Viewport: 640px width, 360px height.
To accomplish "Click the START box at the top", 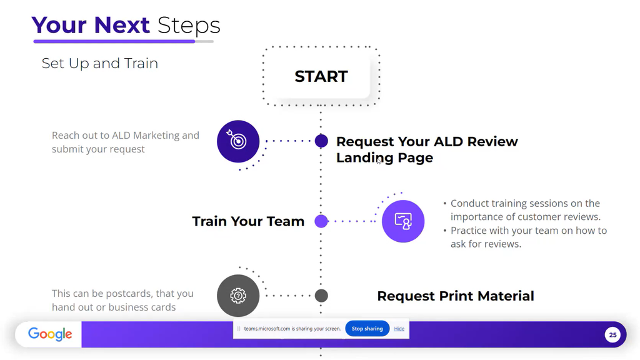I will pos(321,76).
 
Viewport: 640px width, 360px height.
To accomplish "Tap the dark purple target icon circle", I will pos(238,141).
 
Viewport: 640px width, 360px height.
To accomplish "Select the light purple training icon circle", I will pos(403,221).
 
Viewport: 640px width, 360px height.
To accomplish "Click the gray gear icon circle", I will pos(238,296).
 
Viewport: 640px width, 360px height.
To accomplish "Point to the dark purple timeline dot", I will pos(321,141).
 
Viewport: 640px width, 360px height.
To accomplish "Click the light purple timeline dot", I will pos(321,221).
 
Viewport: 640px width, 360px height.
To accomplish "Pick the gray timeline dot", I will pos(321,296).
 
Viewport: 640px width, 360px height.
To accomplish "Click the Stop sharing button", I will pos(367,329).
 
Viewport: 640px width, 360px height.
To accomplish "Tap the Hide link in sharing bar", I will pos(399,329).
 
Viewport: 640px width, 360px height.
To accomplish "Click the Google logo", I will pos(50,334).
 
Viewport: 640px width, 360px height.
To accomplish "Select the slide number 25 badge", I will pos(612,335).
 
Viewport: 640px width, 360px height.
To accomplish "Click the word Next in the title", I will pos(121,26).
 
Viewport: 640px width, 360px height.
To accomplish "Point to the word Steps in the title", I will pos(189,26).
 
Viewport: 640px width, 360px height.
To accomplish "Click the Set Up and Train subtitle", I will pos(100,63).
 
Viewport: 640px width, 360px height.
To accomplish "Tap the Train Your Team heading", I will pos(248,221).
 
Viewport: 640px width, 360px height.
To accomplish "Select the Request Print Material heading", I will pos(456,296).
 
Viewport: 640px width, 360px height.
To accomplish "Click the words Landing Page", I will pos(384,158).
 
